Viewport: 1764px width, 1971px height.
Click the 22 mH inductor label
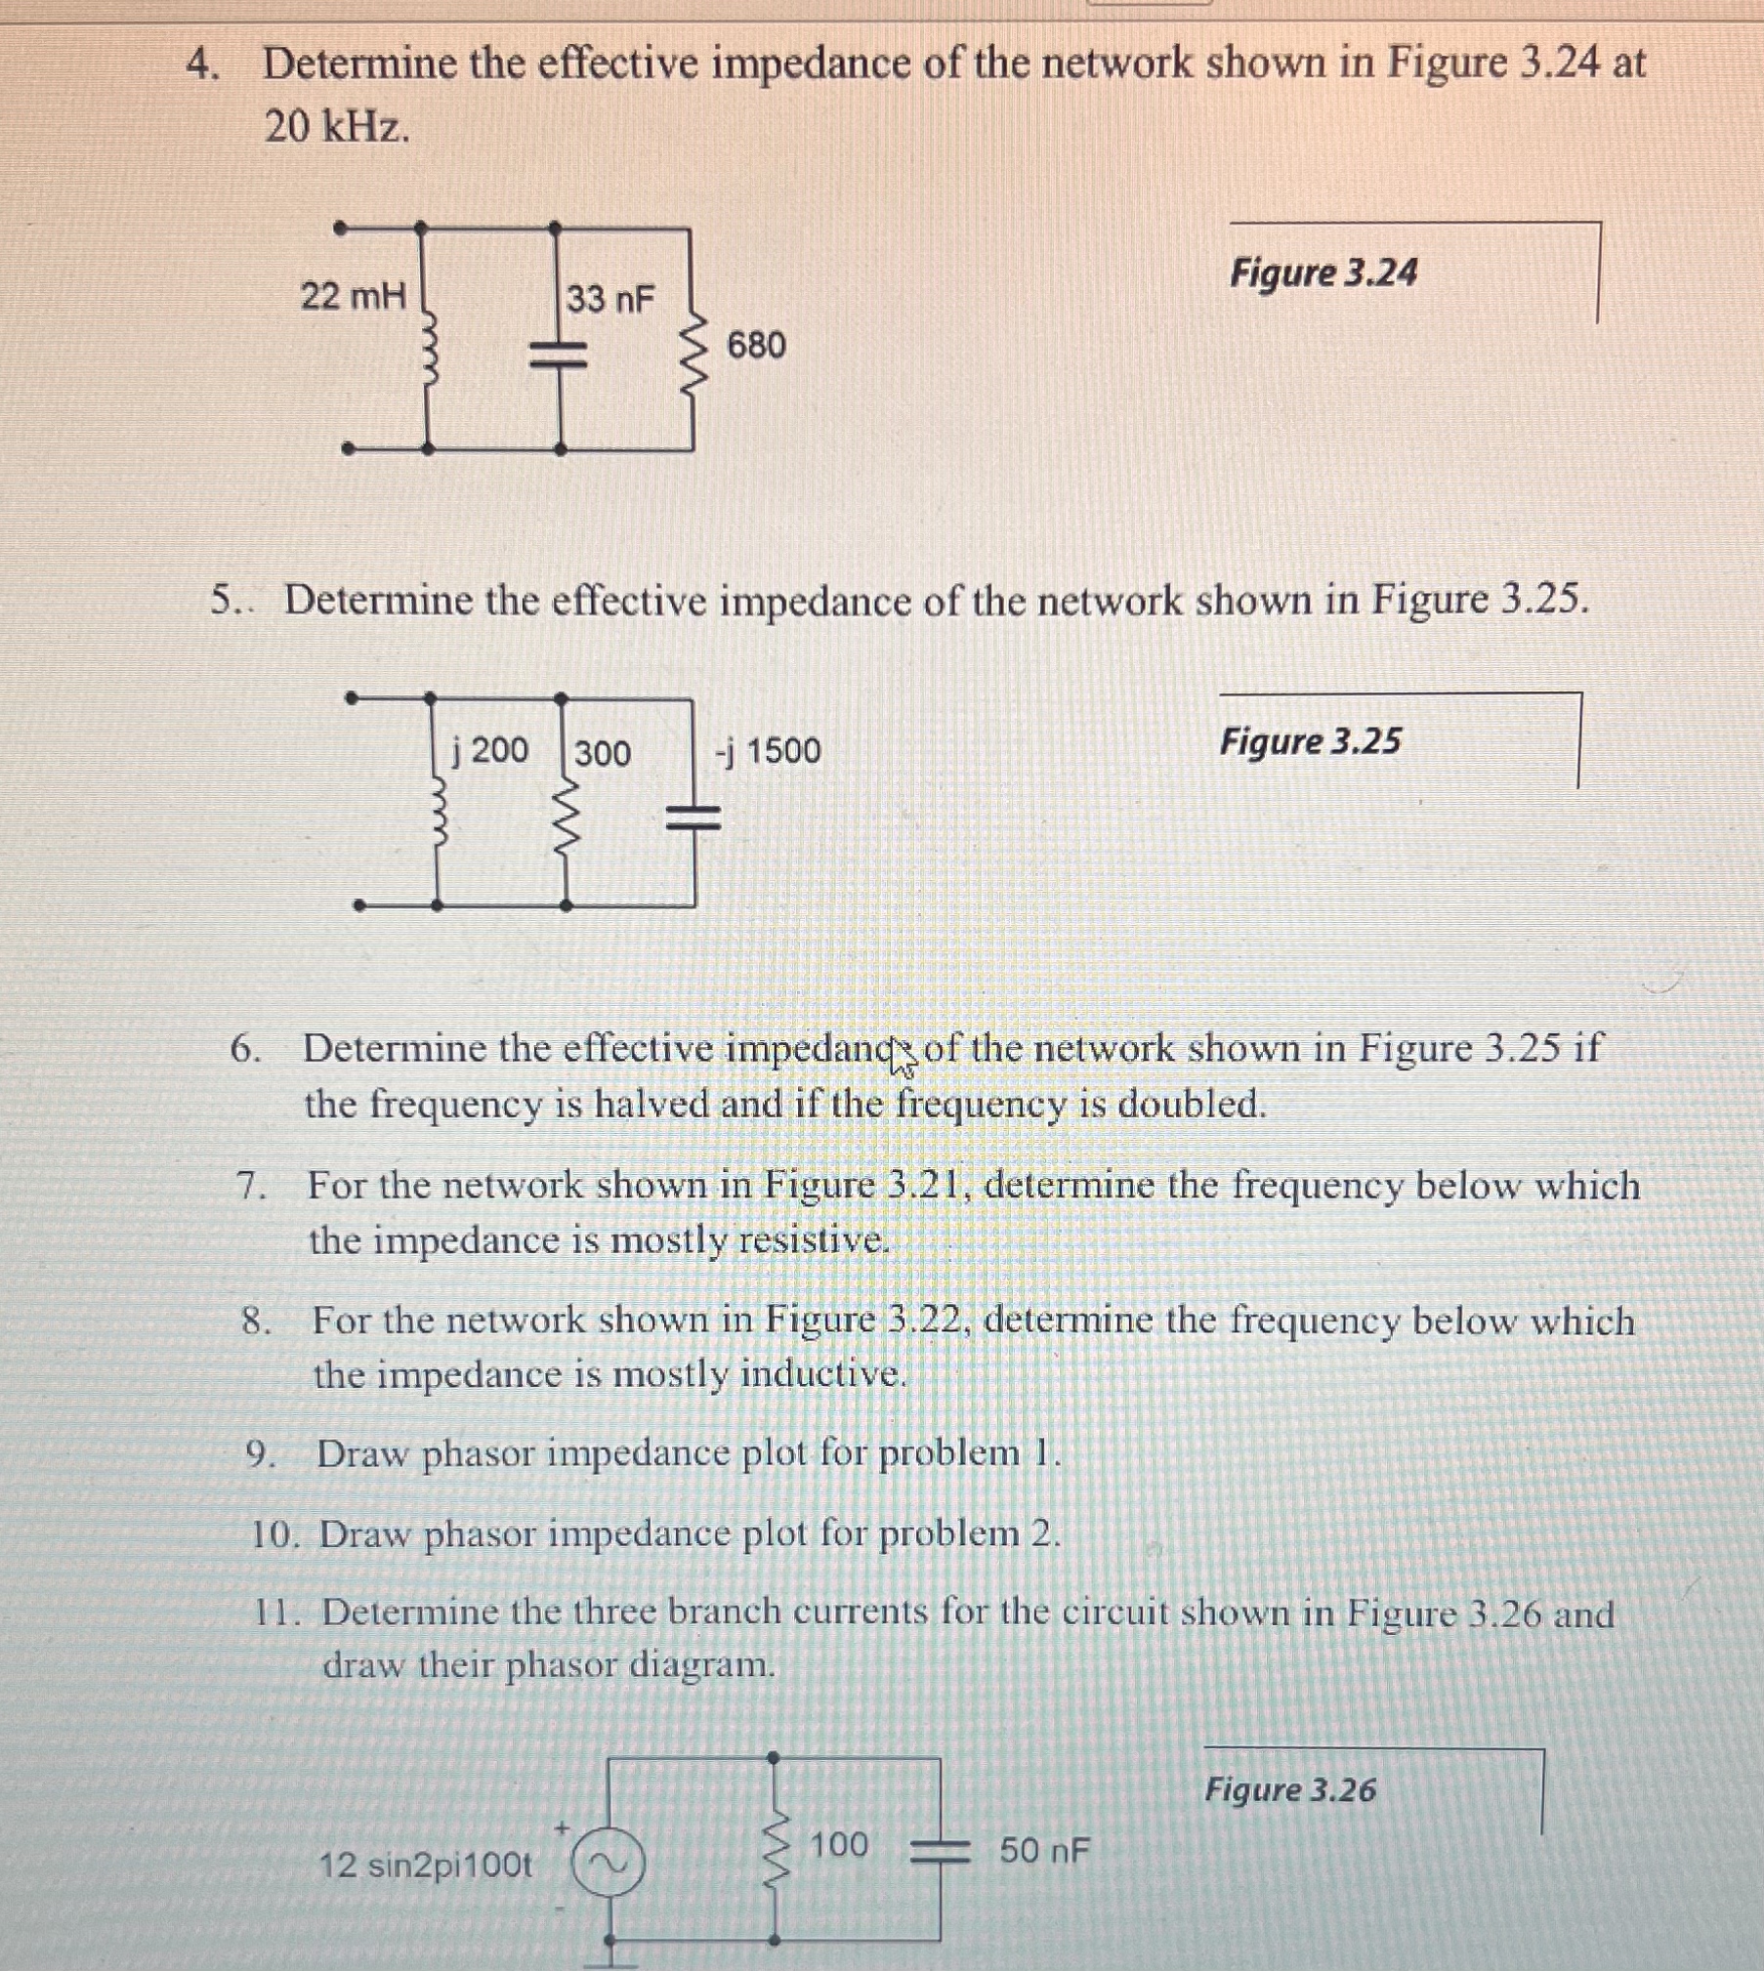click(353, 295)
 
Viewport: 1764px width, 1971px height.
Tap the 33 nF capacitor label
click(609, 299)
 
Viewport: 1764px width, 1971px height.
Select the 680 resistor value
click(756, 346)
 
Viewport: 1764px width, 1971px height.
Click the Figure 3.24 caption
click(1323, 273)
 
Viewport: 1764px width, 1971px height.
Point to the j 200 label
click(490, 750)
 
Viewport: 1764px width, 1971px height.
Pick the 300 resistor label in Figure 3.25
click(602, 753)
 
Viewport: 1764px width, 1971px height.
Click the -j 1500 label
click(768, 751)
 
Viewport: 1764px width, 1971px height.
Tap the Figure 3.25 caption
click(1310, 742)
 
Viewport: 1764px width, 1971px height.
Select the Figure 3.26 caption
click(1289, 1790)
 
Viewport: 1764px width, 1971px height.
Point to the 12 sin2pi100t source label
click(426, 1866)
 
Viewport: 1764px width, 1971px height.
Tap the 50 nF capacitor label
click(1043, 1850)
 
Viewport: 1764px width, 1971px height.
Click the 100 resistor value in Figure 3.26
click(838, 1844)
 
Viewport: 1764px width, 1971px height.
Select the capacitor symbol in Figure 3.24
click(559, 354)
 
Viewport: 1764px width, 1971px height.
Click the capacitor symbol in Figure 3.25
click(693, 818)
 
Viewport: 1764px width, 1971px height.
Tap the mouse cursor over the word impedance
click(903, 1060)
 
